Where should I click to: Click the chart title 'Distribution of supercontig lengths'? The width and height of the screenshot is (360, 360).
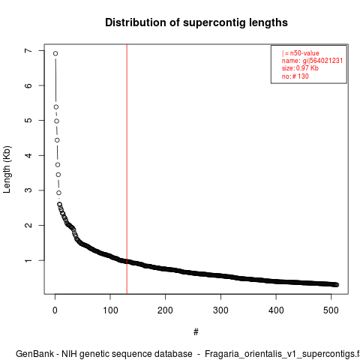coord(196,22)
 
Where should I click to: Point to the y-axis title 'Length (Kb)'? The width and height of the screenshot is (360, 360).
coord(7,169)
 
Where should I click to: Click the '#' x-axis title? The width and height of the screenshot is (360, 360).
coord(196,332)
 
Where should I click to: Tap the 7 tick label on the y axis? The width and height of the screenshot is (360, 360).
coord(28,51)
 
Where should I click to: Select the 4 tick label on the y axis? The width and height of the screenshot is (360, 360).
coord(28,155)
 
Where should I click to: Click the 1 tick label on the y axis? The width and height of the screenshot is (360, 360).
coord(28,260)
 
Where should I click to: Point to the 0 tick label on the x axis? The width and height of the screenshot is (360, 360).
coord(55,310)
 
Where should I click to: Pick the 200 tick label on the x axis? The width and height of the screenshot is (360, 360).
coord(165,310)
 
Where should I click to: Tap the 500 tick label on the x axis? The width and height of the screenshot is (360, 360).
coord(331,310)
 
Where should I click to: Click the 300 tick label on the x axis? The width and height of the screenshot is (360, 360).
coord(220,310)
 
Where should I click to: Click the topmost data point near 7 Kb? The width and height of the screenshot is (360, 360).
coord(55,53)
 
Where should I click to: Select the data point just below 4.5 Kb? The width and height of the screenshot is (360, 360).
coord(57,140)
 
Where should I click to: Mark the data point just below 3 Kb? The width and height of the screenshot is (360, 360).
coord(58,193)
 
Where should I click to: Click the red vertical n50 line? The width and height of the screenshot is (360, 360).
coord(127,169)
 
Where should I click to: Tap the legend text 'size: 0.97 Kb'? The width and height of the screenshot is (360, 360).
coord(300,68)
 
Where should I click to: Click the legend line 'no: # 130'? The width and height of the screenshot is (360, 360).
coord(295,76)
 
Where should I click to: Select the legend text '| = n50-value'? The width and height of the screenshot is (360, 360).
coord(301,53)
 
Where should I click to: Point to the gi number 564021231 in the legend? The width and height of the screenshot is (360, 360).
coord(326,61)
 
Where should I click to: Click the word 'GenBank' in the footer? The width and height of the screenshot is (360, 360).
coord(34,354)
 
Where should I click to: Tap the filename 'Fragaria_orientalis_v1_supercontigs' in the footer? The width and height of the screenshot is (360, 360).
coord(280,355)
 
